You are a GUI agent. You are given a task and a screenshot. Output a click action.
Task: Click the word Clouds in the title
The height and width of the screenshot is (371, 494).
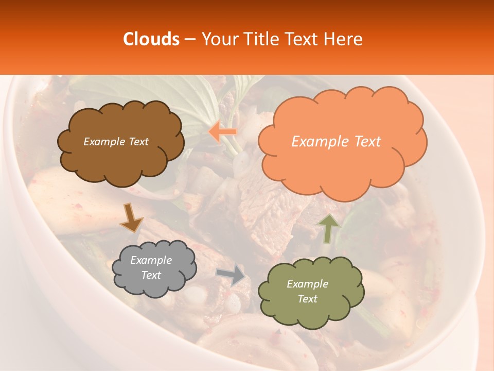point(151,39)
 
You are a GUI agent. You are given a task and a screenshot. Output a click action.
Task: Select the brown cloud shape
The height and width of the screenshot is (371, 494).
point(121,160)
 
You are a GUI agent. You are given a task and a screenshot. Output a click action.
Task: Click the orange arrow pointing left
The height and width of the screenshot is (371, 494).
point(223,132)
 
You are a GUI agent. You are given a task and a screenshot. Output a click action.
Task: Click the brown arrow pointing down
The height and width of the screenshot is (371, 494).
point(131,218)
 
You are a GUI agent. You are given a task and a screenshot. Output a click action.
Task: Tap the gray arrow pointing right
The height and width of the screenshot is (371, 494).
point(231,275)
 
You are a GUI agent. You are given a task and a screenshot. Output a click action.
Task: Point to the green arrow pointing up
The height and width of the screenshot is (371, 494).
point(328,228)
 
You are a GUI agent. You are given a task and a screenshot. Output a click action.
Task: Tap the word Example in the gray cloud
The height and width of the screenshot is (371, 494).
point(151,260)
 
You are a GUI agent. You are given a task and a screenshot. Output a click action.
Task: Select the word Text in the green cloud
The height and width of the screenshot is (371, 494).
point(308,299)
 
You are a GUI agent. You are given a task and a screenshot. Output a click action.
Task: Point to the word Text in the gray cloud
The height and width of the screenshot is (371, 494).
point(151,275)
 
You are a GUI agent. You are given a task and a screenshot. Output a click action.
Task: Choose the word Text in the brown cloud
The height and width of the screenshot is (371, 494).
point(138,142)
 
